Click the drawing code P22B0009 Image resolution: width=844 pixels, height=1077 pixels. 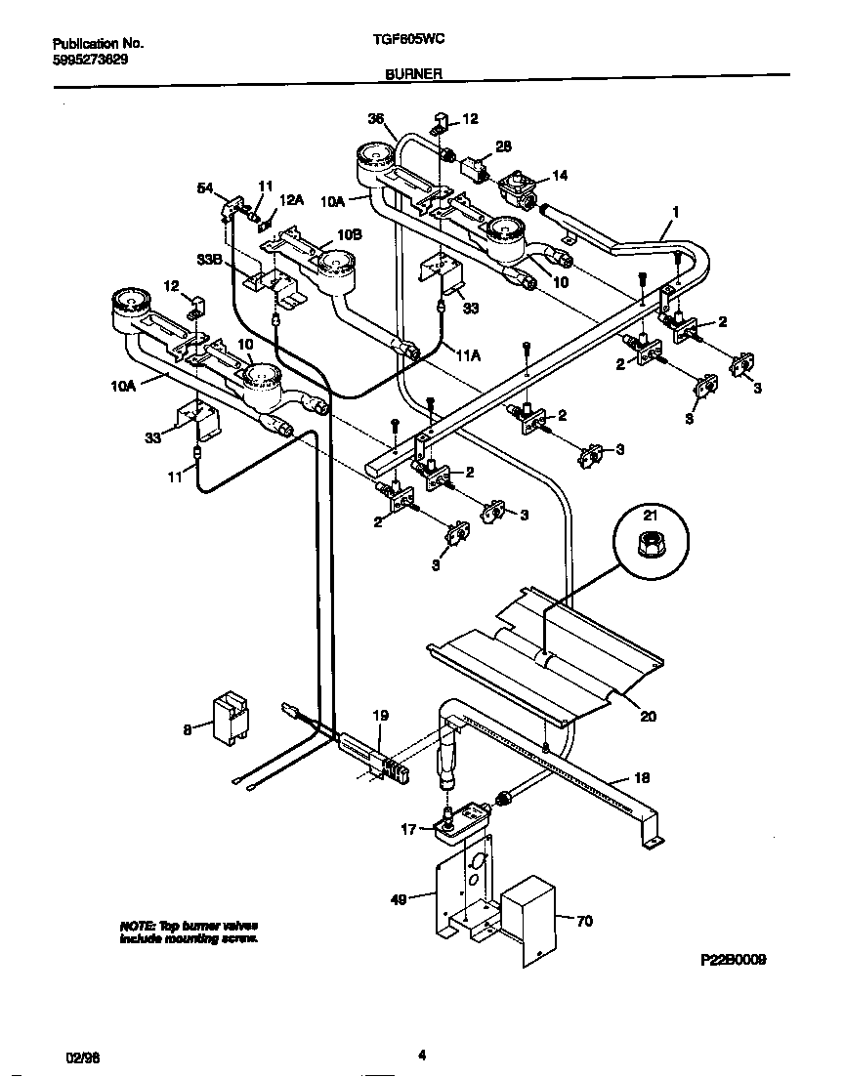point(734,960)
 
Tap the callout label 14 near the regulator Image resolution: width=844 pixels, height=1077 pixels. point(560,176)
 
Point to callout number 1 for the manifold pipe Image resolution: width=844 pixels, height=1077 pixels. point(674,211)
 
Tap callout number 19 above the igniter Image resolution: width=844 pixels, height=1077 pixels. point(381,716)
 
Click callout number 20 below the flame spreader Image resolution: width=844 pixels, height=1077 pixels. point(648,716)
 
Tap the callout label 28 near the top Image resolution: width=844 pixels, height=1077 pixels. point(503,145)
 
